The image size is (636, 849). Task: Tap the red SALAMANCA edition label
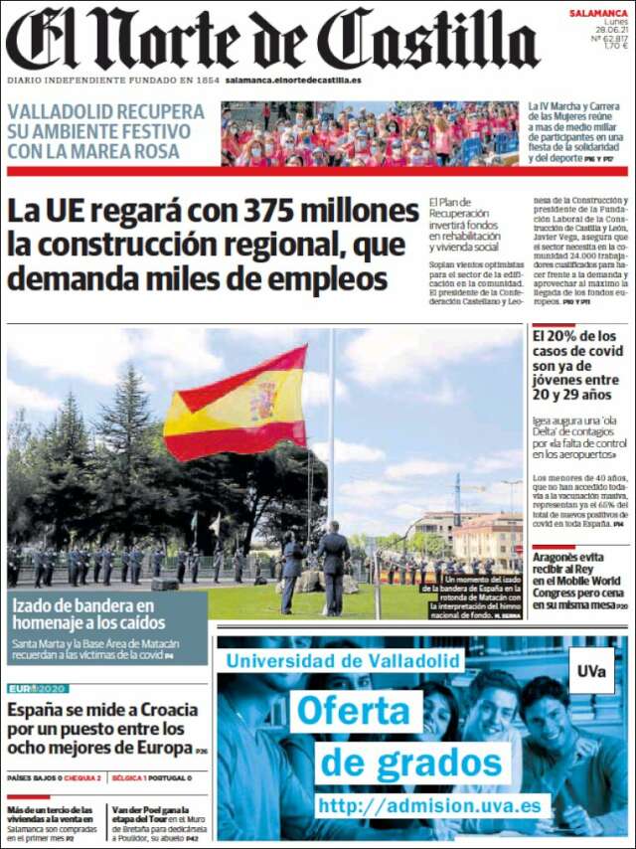(x=597, y=13)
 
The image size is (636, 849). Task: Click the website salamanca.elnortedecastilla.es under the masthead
(x=293, y=80)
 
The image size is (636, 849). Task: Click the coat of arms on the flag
(x=263, y=401)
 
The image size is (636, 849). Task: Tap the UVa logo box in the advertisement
(x=591, y=671)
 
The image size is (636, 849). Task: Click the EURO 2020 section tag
(x=38, y=688)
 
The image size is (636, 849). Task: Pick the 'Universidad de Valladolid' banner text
(x=343, y=659)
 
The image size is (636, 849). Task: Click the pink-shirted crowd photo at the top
(x=369, y=133)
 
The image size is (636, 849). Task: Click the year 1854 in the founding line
(x=207, y=80)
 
